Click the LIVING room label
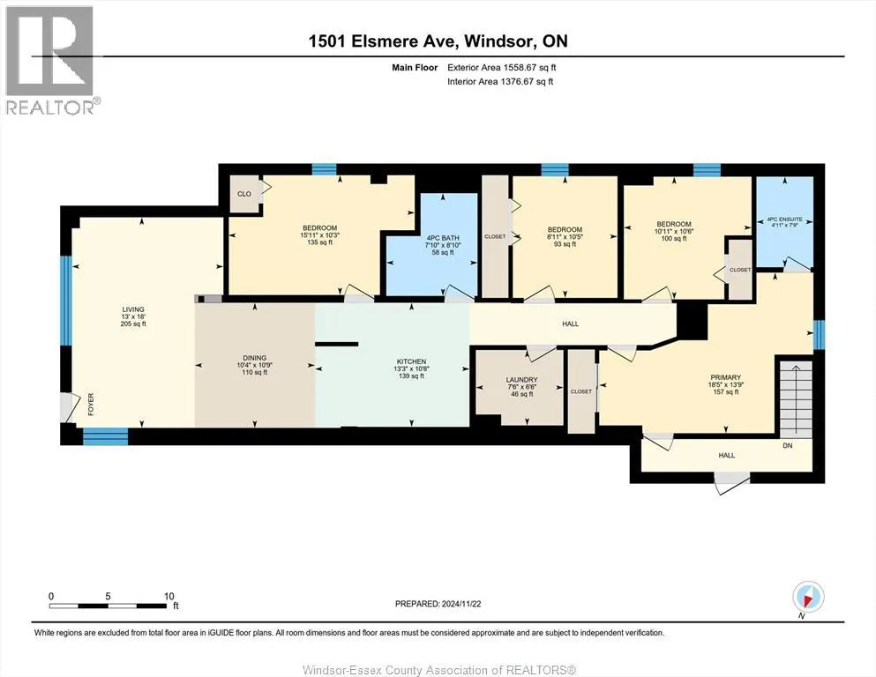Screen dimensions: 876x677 [x=133, y=309]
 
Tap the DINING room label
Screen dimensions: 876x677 [x=255, y=358]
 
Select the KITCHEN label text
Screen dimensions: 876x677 [x=412, y=361]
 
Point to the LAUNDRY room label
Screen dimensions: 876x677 [x=521, y=380]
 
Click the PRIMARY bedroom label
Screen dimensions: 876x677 [x=726, y=377]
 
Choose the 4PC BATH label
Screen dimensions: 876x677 [x=443, y=238]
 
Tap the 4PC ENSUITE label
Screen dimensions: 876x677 [x=785, y=219]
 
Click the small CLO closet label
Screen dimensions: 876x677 [x=244, y=194]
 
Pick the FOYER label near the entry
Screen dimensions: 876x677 [x=91, y=404]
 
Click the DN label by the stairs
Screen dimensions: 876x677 [x=788, y=445]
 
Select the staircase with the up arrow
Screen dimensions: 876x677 [x=796, y=399]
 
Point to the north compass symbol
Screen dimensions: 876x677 [x=808, y=598]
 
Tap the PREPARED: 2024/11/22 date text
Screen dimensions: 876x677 [x=438, y=604]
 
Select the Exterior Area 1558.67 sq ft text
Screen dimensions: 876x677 [x=502, y=68]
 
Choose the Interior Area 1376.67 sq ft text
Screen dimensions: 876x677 [x=500, y=81]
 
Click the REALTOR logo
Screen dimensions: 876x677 [x=50, y=60]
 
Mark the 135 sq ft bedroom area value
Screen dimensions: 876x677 [x=319, y=242]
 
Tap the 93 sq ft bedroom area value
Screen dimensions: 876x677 [x=565, y=244]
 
